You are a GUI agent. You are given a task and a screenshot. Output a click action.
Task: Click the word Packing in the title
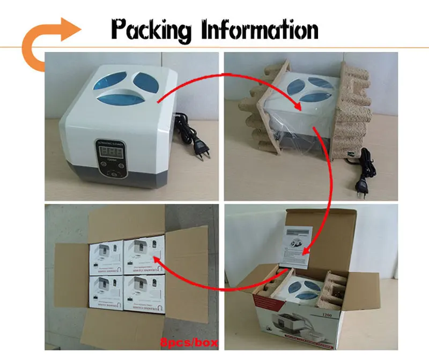[x=151, y=30]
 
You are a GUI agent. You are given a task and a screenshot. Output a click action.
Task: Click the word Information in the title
[x=260, y=30]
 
